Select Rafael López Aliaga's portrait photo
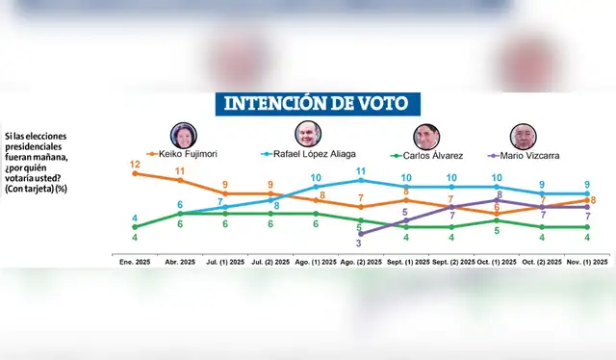coord(306,136)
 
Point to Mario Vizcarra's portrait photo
coord(523,136)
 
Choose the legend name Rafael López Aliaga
coord(311,154)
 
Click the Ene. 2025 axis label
coord(135,261)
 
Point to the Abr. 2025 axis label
coord(180,261)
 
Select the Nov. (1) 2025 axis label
coord(587,261)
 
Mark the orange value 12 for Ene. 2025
coord(135,164)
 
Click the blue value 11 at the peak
coord(361,170)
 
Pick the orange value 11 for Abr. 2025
coord(180,171)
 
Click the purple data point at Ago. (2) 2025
coord(361,233)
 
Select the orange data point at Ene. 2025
coord(135,173)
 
